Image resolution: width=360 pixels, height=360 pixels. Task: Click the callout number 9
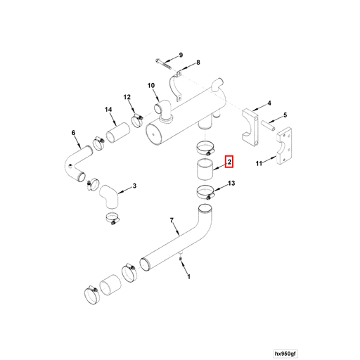click(181, 55)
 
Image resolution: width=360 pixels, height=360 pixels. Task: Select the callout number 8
click(198, 63)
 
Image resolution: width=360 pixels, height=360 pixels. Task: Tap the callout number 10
click(151, 86)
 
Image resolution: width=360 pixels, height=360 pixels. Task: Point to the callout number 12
click(127, 97)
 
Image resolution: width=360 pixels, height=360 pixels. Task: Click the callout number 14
click(108, 110)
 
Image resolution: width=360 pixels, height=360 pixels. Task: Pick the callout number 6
click(73, 133)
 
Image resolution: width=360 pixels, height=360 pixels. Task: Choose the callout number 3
click(134, 186)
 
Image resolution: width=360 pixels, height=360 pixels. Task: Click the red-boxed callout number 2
click(229, 162)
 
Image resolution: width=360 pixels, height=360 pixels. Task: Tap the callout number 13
click(231, 183)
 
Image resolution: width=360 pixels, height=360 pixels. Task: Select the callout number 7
click(172, 220)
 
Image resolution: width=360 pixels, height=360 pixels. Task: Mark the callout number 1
click(189, 277)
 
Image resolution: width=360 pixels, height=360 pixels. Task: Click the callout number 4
click(269, 103)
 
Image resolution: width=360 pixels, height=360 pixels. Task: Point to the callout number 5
click(285, 115)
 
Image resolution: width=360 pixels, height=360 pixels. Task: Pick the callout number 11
click(259, 163)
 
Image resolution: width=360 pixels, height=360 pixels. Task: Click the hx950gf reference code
click(285, 354)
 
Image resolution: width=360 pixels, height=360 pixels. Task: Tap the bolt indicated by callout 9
click(163, 64)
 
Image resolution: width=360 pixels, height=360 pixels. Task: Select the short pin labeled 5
click(269, 126)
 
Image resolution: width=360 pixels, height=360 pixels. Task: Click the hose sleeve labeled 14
click(118, 133)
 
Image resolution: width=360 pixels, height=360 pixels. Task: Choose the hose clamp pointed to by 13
click(206, 193)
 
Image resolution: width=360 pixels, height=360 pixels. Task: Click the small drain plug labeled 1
click(181, 259)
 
